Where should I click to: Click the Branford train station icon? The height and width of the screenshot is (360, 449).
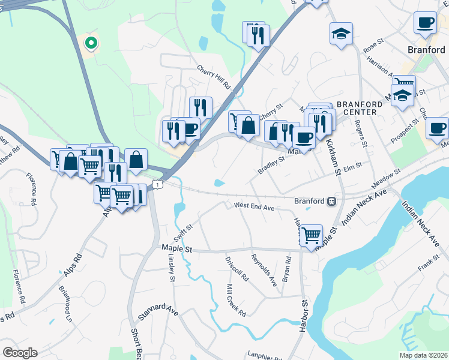point(331,202)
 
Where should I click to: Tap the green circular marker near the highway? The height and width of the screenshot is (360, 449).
point(91,43)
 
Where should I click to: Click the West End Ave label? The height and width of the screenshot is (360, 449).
point(254,206)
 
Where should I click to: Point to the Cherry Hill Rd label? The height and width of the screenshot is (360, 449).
point(214,77)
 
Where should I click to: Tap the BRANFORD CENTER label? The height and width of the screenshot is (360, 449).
point(360,108)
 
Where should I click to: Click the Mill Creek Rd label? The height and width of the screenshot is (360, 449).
point(236,301)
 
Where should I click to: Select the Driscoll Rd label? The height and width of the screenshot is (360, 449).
point(237,269)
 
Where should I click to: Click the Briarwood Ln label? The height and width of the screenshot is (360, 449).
point(65,302)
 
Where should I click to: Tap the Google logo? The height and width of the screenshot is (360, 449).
point(20,353)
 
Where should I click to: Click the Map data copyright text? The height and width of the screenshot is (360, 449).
point(423,355)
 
